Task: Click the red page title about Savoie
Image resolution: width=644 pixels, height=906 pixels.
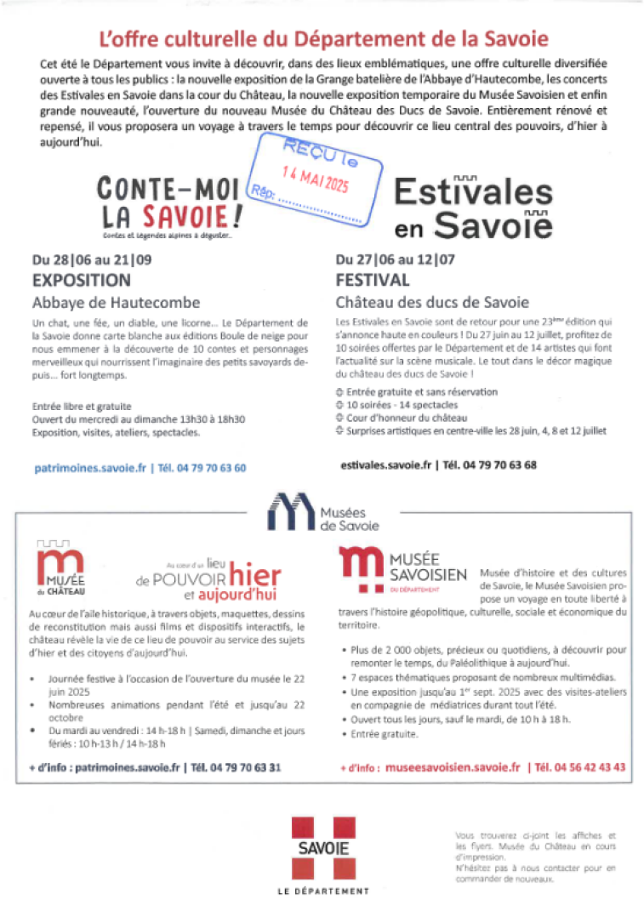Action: click(x=323, y=38)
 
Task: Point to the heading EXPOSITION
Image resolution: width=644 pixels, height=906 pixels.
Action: click(x=82, y=280)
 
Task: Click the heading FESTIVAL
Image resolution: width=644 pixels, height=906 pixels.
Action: click(x=373, y=280)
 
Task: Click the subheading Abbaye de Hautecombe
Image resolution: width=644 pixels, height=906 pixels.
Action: click(x=116, y=302)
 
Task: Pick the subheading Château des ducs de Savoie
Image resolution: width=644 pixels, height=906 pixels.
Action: click(x=431, y=302)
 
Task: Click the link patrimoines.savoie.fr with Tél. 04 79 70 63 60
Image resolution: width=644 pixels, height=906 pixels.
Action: click(x=140, y=468)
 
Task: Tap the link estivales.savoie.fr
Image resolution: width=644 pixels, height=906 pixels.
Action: click(x=386, y=465)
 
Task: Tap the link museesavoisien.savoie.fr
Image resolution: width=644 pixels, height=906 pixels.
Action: click(x=452, y=766)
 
